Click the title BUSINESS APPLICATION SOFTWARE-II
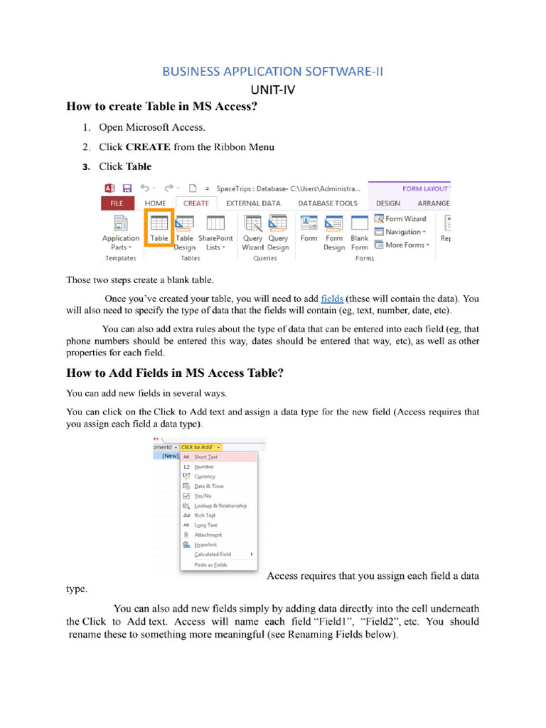pos(272,71)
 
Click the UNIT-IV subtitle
pos(272,90)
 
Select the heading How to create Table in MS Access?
pos(161,107)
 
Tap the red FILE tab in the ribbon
pos(117,203)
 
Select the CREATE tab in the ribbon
pos(196,203)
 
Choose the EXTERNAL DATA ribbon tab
pos(253,203)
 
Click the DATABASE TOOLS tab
pos(328,203)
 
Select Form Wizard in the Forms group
pos(401,219)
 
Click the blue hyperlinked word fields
pos(332,299)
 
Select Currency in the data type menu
pos(205,476)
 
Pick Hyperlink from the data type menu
pos(207,544)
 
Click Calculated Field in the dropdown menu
pos(213,554)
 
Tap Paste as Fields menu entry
pos(210,564)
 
